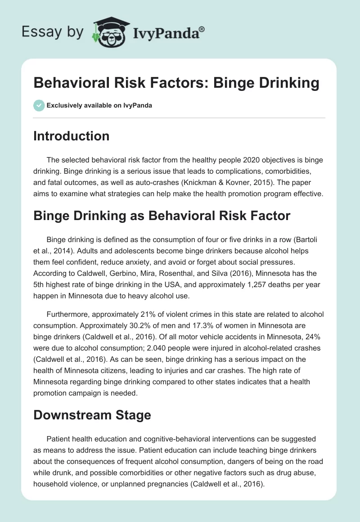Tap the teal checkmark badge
(x=39, y=105)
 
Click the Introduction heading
(x=71, y=136)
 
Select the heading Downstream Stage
(x=92, y=415)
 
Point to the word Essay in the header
(x=37, y=32)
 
